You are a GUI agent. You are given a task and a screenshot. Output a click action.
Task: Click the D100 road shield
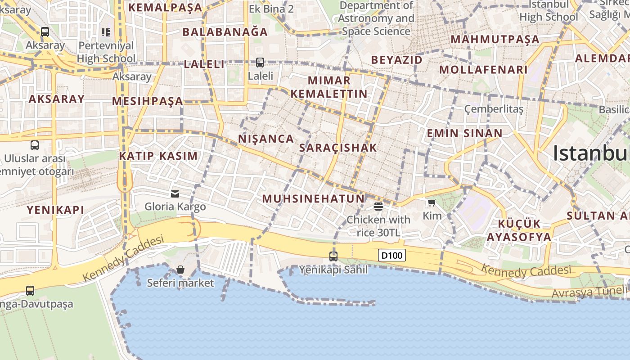391,256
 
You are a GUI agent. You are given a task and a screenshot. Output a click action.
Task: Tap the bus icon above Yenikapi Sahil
333,256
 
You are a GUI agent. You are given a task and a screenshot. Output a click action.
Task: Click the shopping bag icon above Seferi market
180,270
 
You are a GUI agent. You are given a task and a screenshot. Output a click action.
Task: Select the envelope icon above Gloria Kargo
175,194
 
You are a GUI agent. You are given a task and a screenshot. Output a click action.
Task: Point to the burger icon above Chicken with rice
378,207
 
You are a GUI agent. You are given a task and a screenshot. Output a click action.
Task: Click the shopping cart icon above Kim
432,203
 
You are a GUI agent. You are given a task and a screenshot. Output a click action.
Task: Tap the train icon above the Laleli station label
260,63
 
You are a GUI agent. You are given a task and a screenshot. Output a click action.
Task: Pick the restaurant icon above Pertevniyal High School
106,32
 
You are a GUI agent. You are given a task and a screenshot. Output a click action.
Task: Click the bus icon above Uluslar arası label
35,145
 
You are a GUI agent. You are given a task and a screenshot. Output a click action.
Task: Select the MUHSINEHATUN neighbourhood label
313,198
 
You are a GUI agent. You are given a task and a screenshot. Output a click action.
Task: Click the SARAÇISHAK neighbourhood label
338,148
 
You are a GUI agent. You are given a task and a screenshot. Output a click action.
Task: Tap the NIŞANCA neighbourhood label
266,139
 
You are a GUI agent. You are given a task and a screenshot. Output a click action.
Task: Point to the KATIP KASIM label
158,156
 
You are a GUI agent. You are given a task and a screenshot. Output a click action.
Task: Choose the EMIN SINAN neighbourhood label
464,133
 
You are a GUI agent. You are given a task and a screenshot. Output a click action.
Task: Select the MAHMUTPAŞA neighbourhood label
495,39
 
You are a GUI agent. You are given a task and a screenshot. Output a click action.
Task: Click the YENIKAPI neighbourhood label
55,210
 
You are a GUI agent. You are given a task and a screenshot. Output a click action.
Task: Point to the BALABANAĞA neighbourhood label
225,32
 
